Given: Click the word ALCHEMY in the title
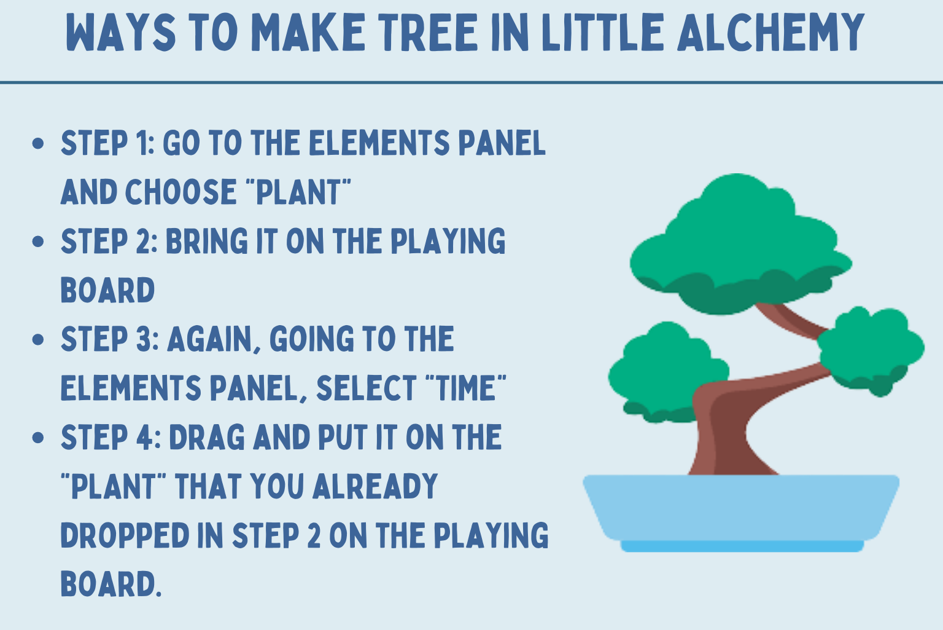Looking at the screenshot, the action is pos(771,32).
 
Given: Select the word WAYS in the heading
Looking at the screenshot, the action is pos(121,32).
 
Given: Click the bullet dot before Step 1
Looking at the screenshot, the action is pos(38,143).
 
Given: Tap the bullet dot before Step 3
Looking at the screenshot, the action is pos(38,339).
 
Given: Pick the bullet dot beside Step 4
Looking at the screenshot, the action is pos(38,438).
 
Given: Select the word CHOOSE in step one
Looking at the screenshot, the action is pos(180,192).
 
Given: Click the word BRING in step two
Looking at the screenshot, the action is pos(207,241).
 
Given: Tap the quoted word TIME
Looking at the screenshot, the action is pos(466,388).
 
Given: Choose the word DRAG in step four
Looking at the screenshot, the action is pos(207,438).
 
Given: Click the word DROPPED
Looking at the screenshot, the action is pos(125,535).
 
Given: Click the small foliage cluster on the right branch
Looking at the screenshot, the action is pos(870,350).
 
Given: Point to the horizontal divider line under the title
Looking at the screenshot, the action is pos(471,82).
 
